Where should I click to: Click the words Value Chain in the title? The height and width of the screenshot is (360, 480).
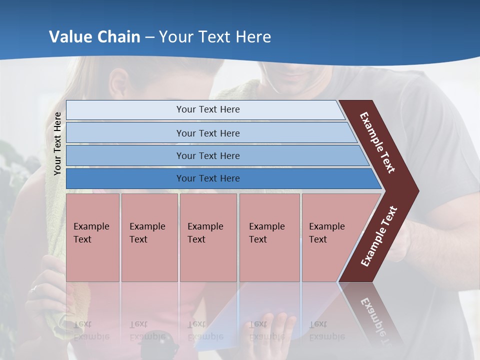coord(94,37)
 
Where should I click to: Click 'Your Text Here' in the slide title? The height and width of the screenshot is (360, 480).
coord(215,37)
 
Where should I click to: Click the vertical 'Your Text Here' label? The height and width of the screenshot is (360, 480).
coord(57,143)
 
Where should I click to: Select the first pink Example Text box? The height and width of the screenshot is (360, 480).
coord(92,237)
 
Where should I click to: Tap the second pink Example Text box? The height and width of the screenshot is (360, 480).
coord(149,237)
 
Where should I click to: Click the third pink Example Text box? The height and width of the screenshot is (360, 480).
coord(208,237)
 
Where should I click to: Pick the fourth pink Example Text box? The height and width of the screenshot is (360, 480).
coord(269,237)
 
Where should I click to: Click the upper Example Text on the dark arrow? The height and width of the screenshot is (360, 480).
coord(377,142)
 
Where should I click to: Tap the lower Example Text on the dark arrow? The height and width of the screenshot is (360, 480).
coord(379,236)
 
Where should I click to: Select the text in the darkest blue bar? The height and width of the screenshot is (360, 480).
coord(208,178)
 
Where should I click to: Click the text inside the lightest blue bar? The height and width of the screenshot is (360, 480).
coord(208,109)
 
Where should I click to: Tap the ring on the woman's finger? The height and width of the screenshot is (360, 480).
coord(33,288)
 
